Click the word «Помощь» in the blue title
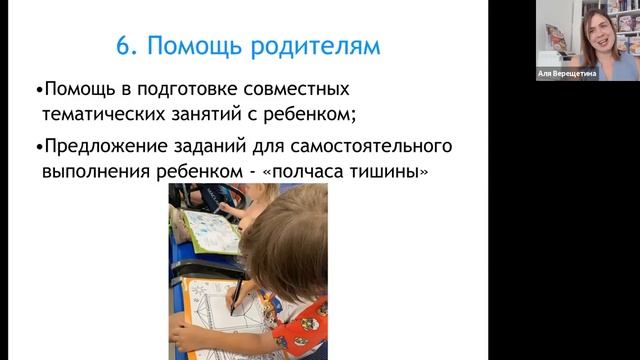coord(188,47)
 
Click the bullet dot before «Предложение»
coord(38,147)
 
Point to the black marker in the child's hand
coord(237,295)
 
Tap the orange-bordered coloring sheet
coord(215,320)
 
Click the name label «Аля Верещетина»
coord(567,74)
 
